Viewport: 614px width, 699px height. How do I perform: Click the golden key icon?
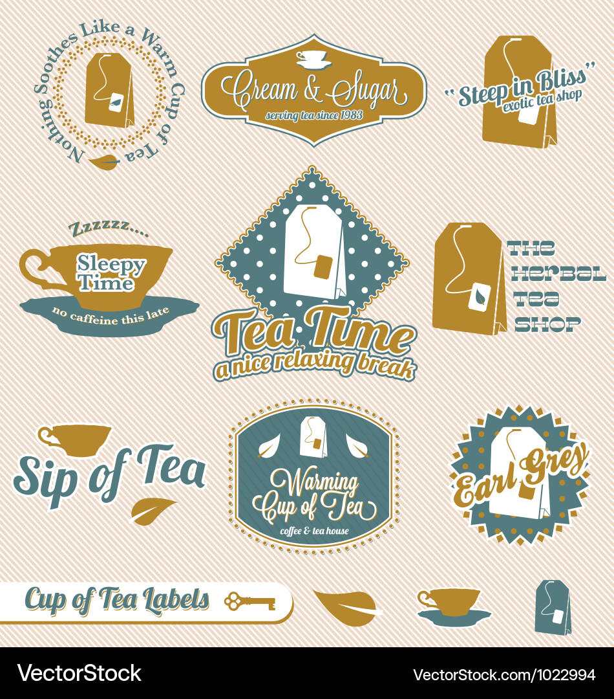pyautogui.click(x=249, y=602)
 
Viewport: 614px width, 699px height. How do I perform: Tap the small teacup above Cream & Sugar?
pyautogui.click(x=313, y=58)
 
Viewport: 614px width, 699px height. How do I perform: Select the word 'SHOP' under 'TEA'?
pyautogui.click(x=547, y=324)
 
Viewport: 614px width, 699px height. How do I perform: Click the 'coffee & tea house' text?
pyautogui.click(x=315, y=531)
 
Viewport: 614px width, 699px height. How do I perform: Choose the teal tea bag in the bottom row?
pyautogui.click(x=553, y=607)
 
